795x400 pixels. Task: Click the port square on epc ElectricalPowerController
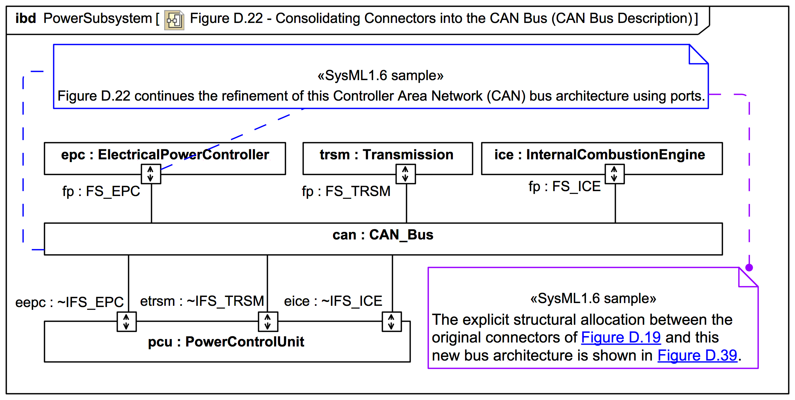point(151,174)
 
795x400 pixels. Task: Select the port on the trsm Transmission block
point(405,174)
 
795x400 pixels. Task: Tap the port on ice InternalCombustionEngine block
point(615,174)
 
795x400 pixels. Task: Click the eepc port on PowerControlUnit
point(127,322)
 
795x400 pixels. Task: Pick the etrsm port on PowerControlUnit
point(268,322)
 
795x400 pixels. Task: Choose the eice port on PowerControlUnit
point(391,322)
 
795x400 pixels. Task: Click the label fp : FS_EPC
point(101,191)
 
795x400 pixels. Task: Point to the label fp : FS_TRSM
point(346,191)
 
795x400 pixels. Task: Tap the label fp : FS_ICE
point(564,187)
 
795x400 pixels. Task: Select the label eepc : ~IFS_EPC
point(69,302)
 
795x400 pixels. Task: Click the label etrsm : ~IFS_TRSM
point(202,301)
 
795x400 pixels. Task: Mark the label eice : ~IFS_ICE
point(333,301)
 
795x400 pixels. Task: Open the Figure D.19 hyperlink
point(621,337)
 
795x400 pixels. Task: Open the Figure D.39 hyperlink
point(697,356)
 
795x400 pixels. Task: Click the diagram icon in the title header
point(174,20)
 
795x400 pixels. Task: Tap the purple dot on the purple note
point(749,268)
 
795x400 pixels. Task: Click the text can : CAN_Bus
point(383,235)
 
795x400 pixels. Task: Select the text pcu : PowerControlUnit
point(226,342)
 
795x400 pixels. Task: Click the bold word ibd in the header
point(26,19)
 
